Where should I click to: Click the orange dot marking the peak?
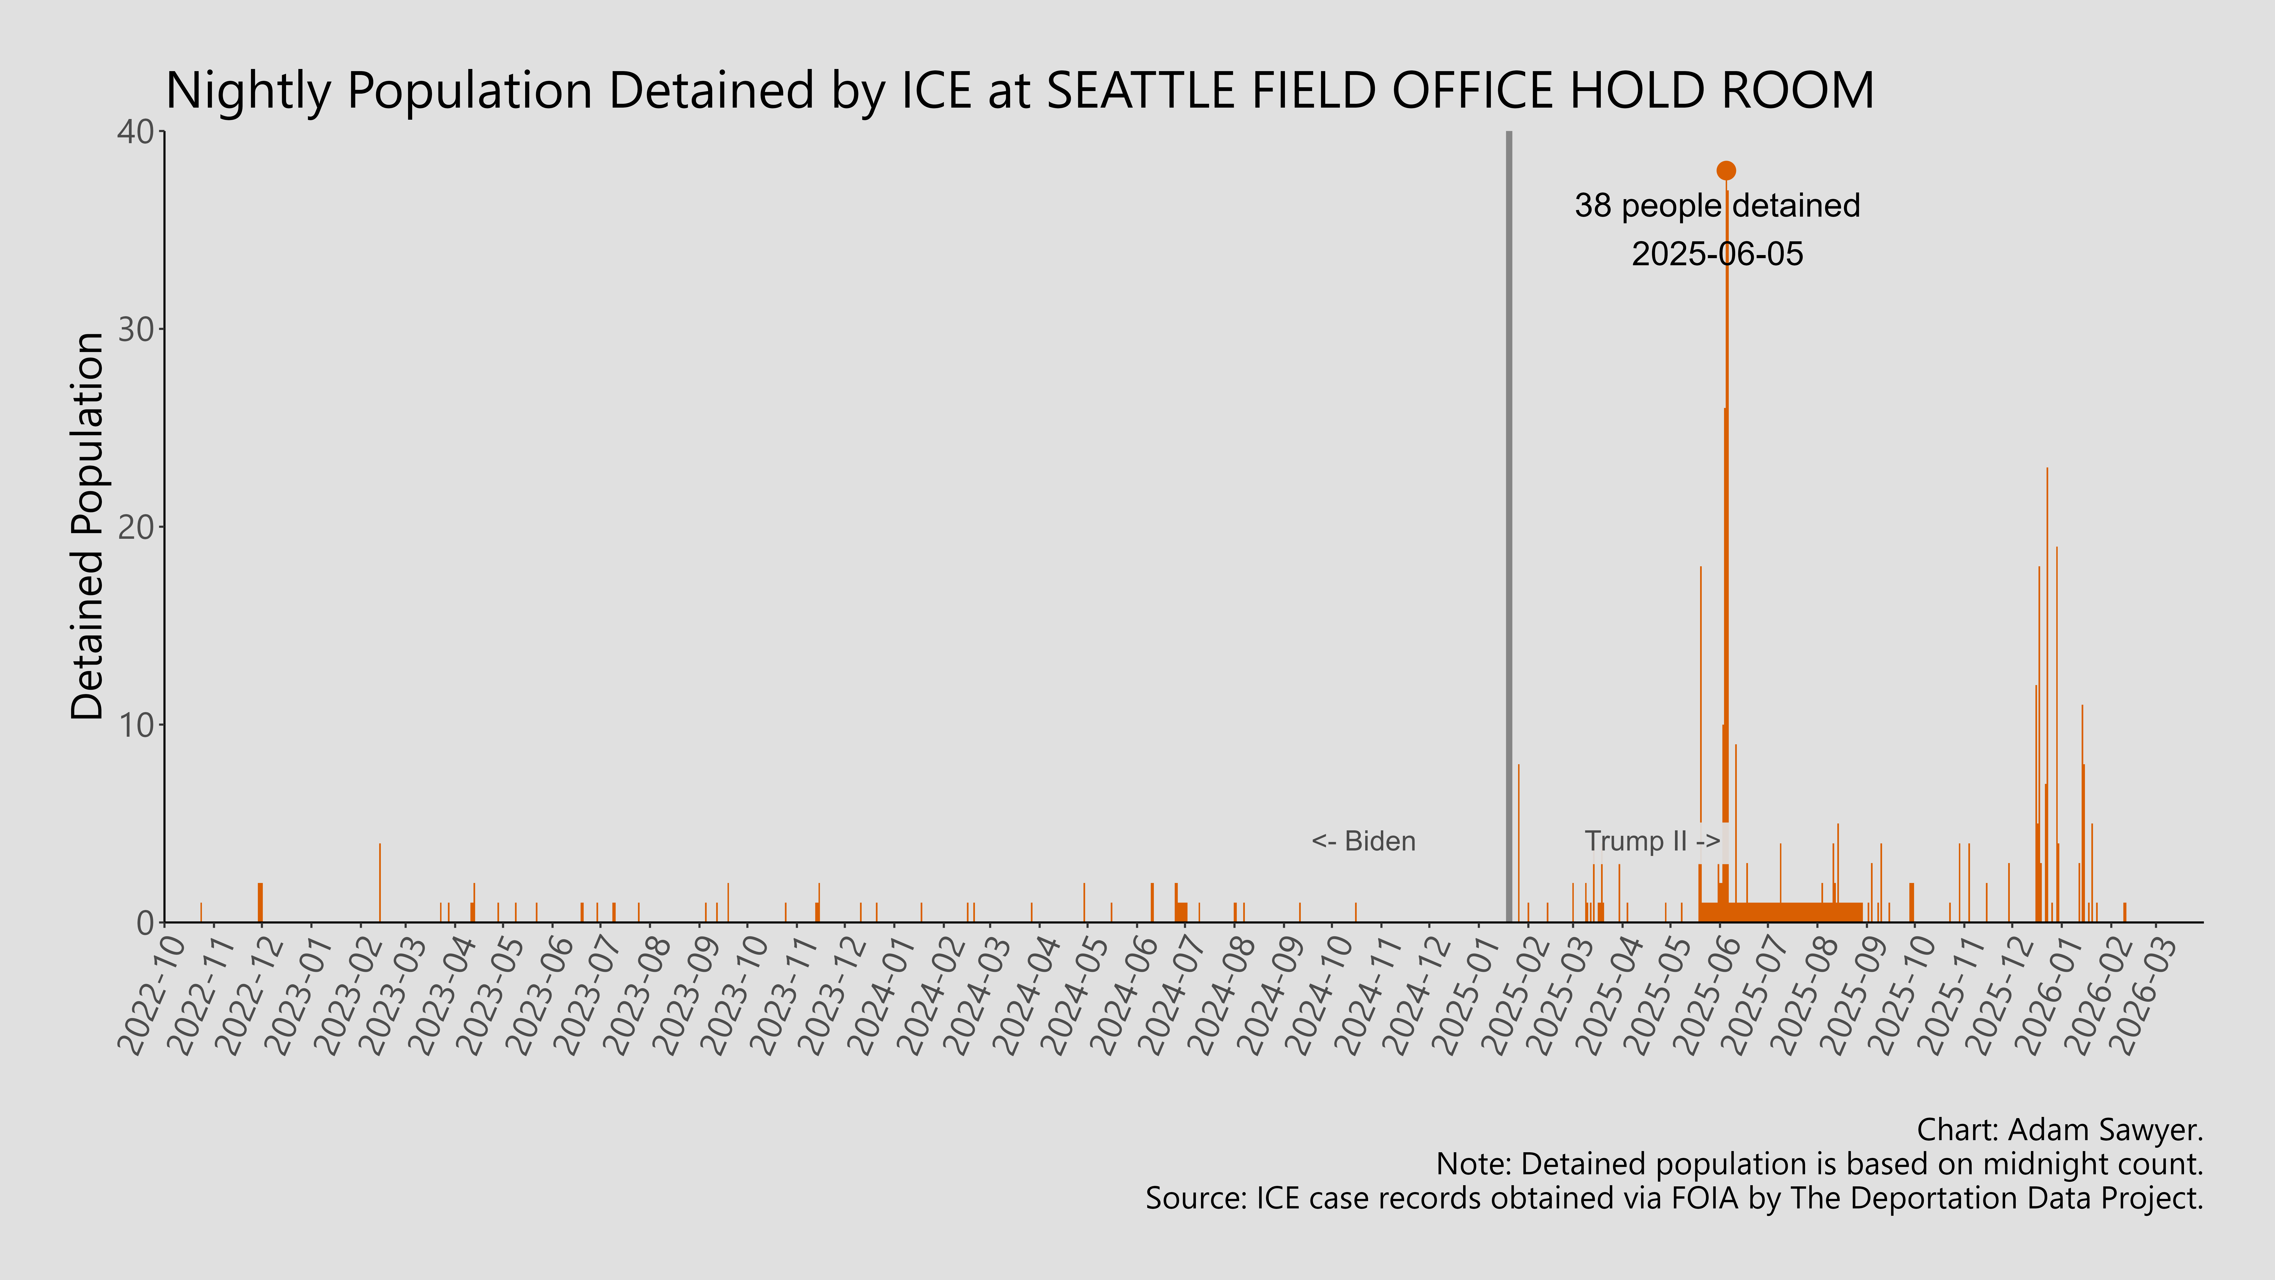(x=1726, y=170)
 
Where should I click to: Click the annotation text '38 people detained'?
(x=1717, y=206)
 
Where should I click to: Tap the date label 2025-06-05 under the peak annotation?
(x=1717, y=254)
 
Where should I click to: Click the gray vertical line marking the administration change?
(x=1508, y=530)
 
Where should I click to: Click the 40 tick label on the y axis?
(x=136, y=133)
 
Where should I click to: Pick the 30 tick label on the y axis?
(x=136, y=329)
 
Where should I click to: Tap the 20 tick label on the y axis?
(x=136, y=527)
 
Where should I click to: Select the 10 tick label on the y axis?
(x=136, y=725)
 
